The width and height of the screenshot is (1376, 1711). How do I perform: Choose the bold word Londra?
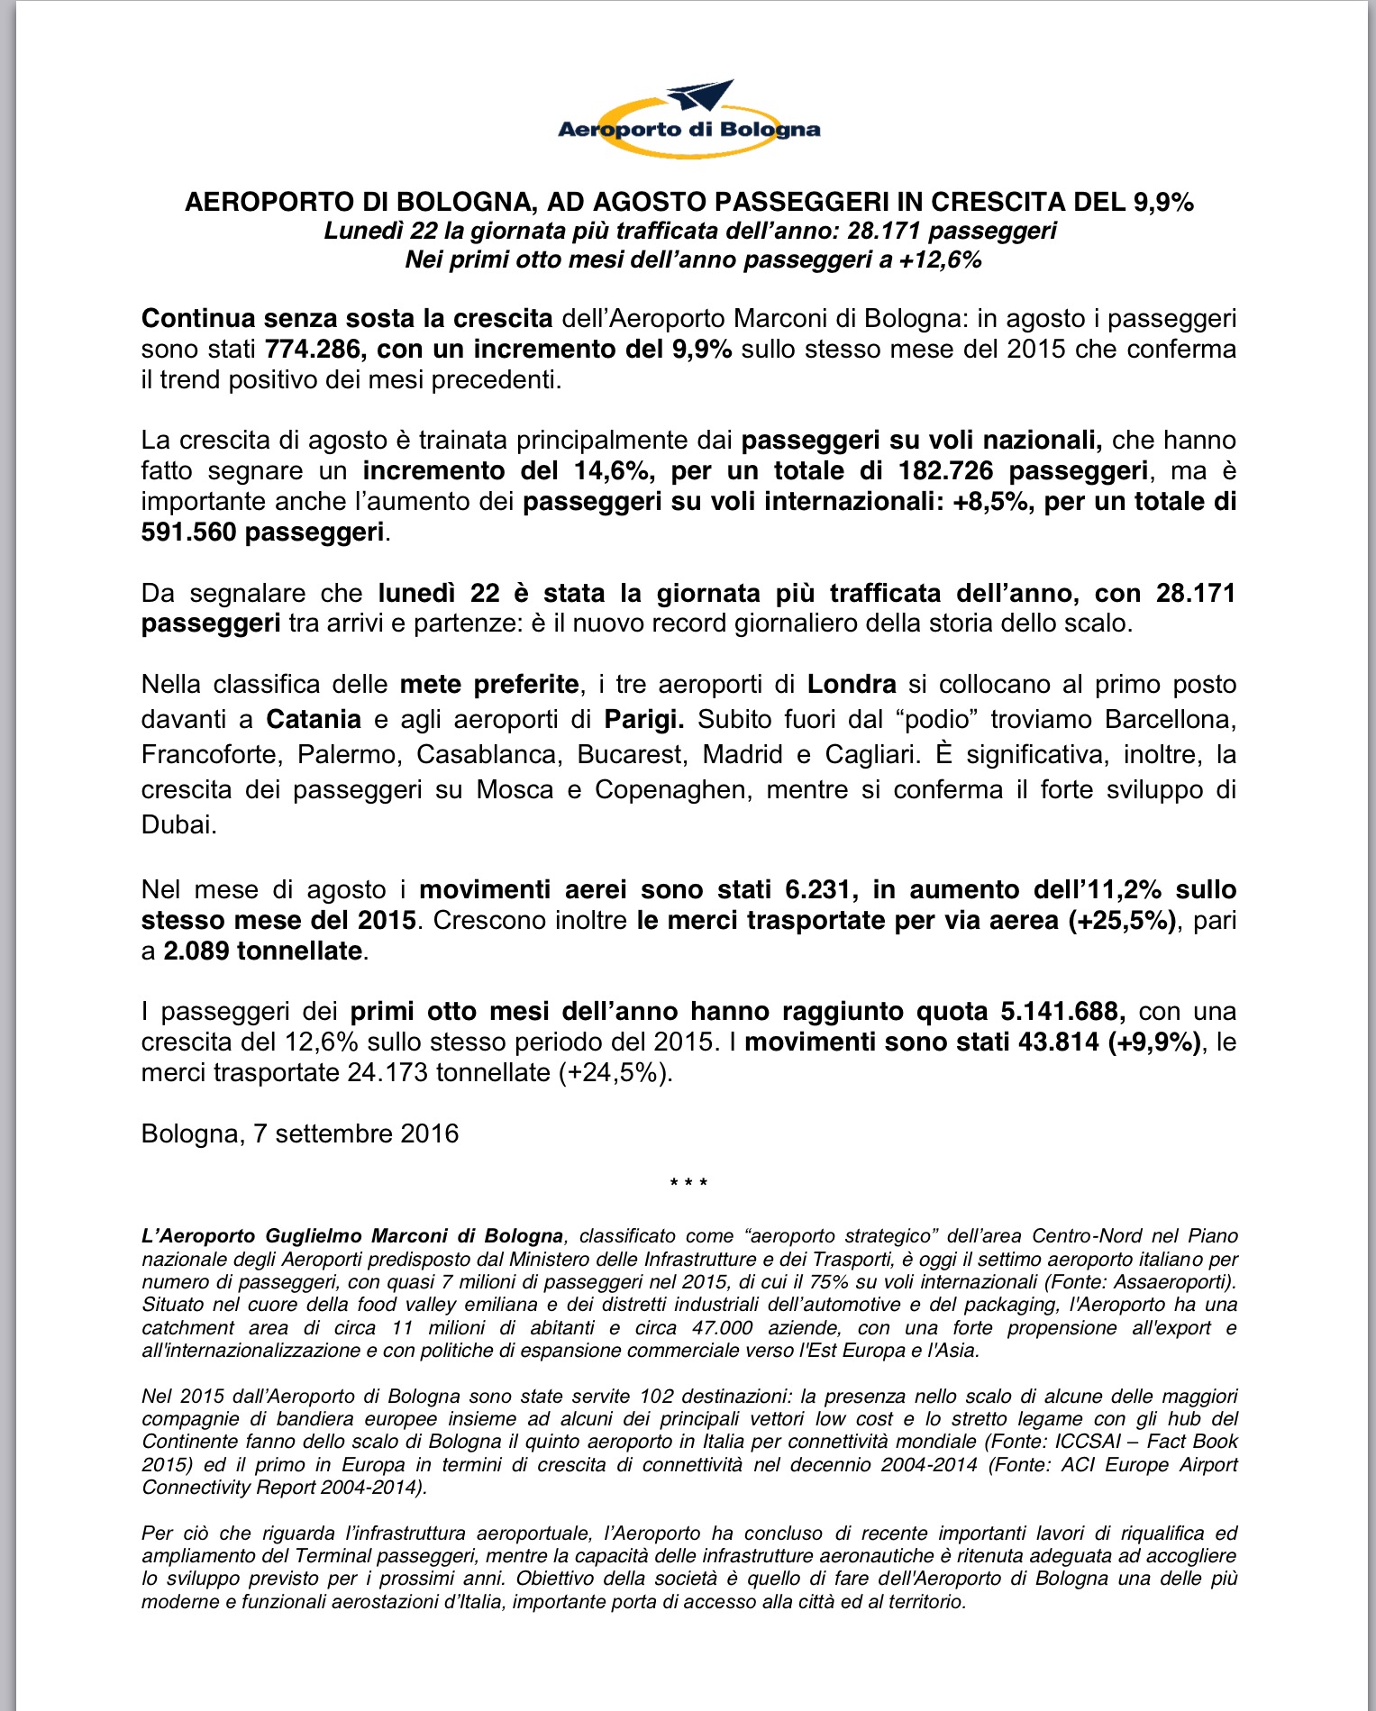click(852, 684)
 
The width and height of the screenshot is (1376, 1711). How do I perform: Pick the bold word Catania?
click(314, 719)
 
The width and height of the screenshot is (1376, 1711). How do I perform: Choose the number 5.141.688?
click(1062, 1011)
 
